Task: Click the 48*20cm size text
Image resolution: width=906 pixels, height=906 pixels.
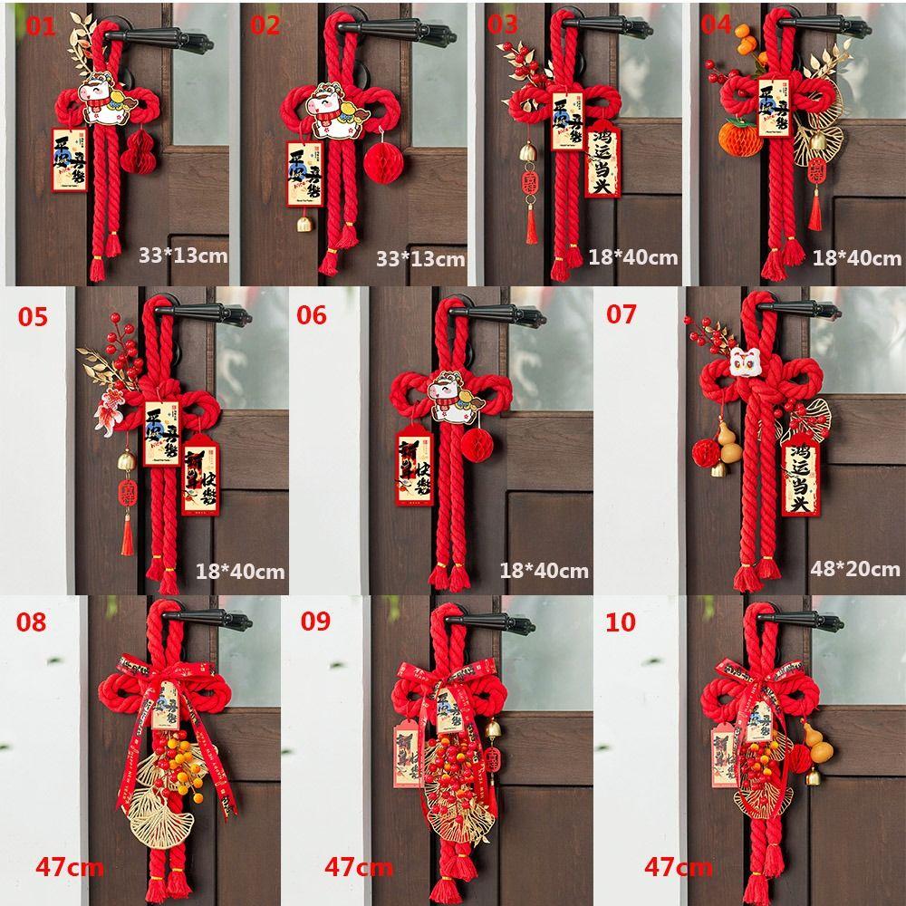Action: [855, 568]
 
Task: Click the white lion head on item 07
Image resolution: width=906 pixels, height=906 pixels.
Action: [745, 364]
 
